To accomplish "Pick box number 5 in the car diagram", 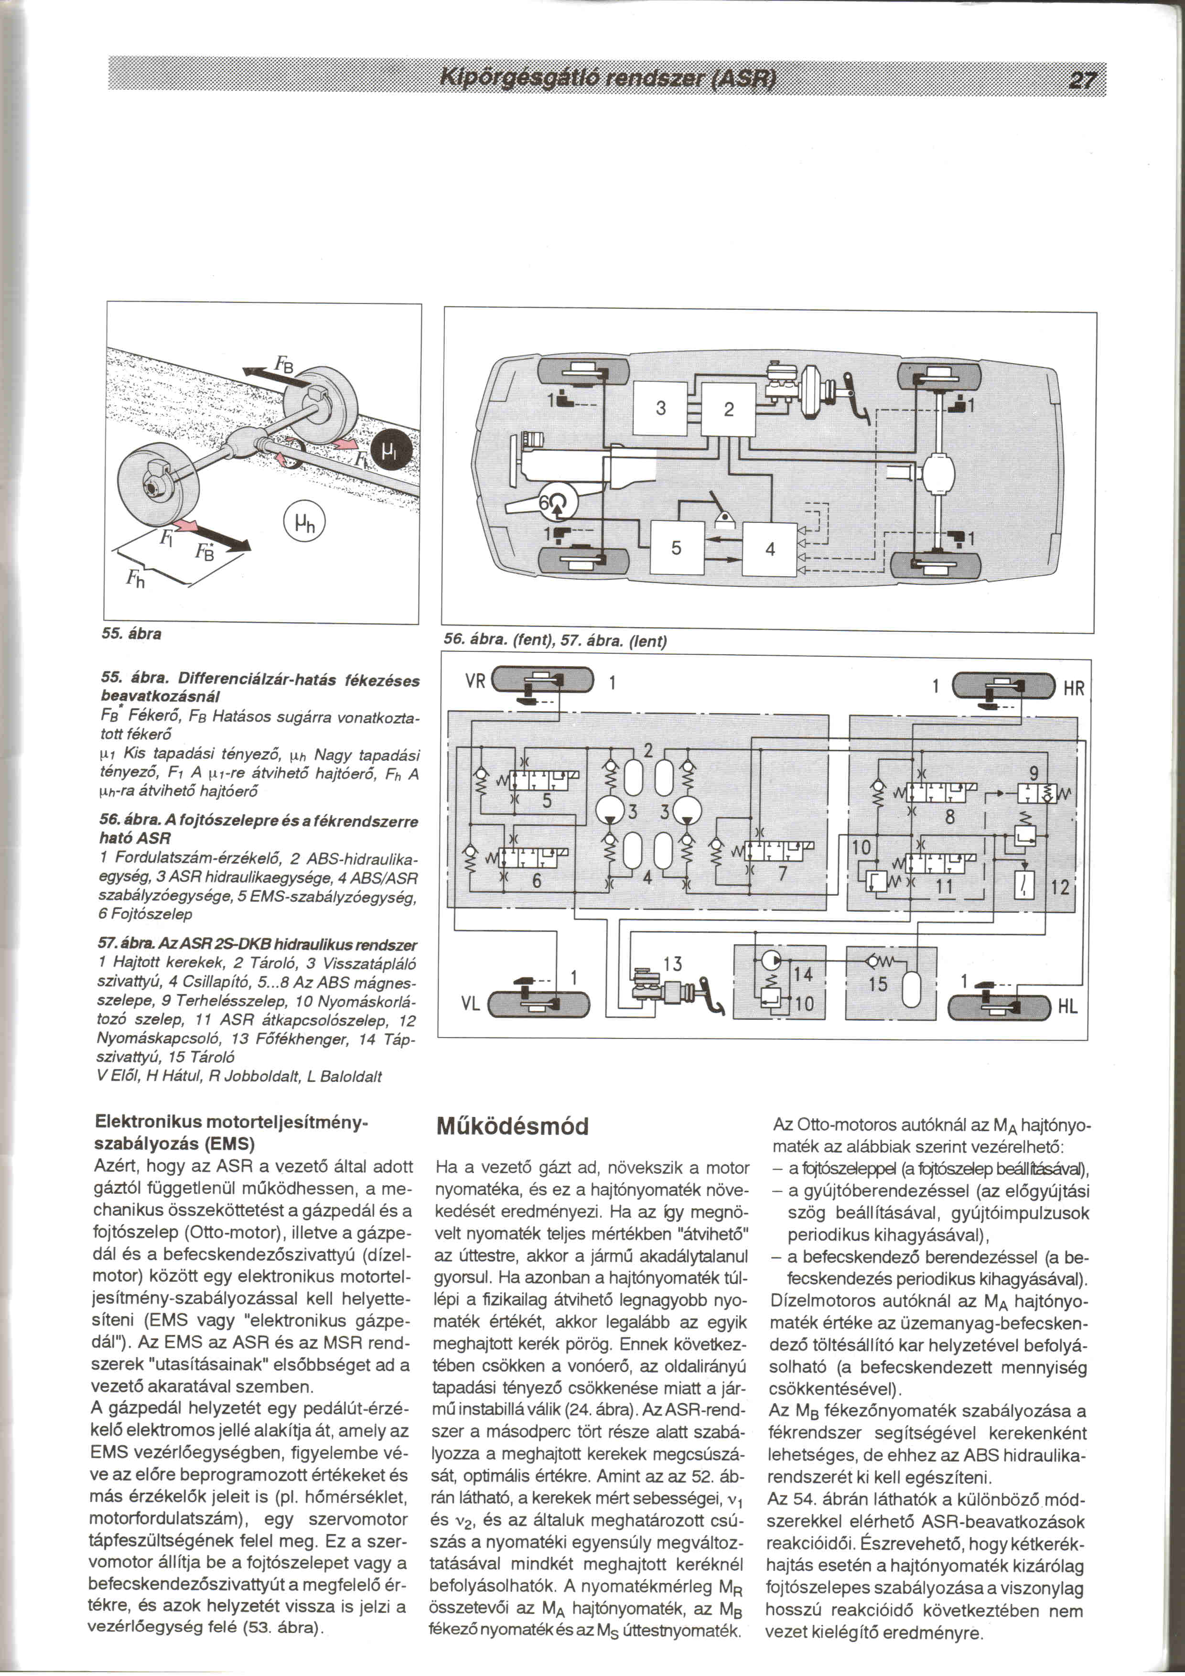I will (677, 548).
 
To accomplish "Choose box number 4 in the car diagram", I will (770, 549).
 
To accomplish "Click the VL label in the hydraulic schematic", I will (471, 1004).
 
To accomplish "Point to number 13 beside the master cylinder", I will (673, 964).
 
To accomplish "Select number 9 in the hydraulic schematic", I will (1033, 774).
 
